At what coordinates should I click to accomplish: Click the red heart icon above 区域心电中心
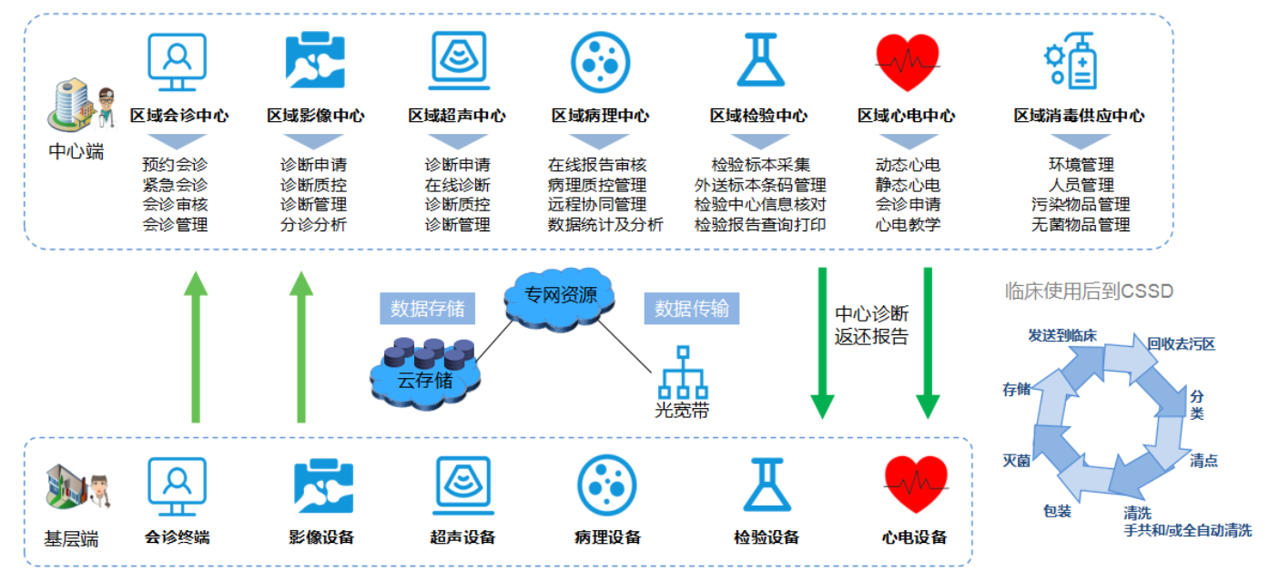tap(908, 62)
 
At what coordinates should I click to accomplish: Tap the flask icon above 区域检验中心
tap(761, 59)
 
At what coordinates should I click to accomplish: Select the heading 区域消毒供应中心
tap(1080, 116)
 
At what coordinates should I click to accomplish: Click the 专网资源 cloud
tap(560, 298)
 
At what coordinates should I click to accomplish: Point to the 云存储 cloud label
tap(425, 380)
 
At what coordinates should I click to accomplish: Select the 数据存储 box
tap(427, 308)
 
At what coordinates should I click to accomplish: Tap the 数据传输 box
tap(692, 308)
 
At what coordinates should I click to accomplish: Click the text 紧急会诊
tap(175, 185)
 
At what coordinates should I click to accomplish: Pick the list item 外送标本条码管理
tap(760, 185)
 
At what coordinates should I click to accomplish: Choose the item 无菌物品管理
tap(1081, 224)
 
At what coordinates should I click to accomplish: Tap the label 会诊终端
tap(178, 536)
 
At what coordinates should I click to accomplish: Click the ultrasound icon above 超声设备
tap(462, 485)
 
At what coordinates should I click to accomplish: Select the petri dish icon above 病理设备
tap(607, 485)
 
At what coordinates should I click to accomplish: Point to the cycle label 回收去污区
tap(1182, 344)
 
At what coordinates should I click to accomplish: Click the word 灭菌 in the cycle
tap(1016, 460)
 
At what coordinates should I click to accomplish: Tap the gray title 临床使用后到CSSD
tap(1088, 291)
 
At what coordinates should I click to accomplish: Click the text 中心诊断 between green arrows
tap(872, 313)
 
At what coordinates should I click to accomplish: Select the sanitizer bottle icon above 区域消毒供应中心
tap(1071, 61)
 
